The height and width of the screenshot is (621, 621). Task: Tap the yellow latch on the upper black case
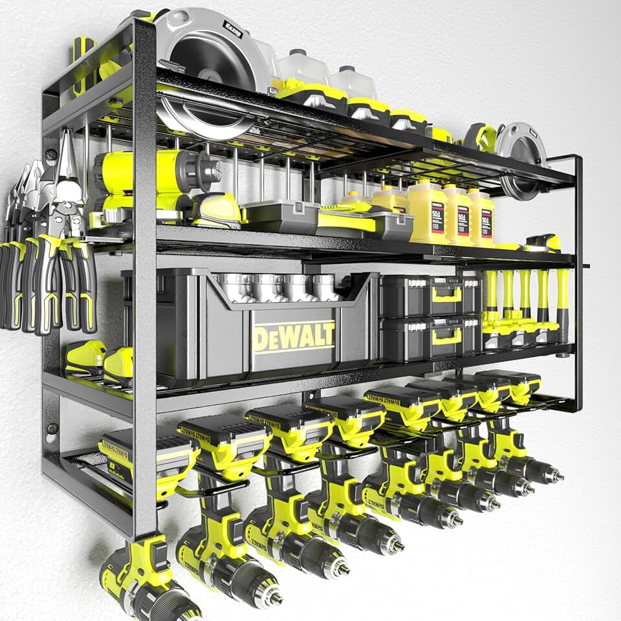pyautogui.click(x=447, y=294)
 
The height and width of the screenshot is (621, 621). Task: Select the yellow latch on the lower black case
pyautogui.click(x=447, y=335)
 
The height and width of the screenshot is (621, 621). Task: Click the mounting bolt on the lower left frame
pyautogui.click(x=50, y=429)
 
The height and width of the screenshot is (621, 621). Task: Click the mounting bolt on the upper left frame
pyautogui.click(x=50, y=155)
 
